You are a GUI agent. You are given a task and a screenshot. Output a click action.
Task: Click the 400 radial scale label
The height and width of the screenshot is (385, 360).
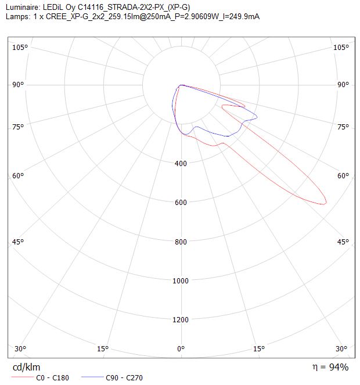[181, 163]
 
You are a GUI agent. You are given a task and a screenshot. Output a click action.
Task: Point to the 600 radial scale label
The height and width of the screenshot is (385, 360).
[181, 202]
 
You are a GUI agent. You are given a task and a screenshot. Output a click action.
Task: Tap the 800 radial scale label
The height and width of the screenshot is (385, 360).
[181, 242]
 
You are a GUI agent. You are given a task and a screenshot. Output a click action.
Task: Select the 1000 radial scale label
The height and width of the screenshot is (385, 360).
[181, 280]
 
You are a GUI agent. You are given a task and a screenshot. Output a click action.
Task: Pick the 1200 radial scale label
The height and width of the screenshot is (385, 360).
[181, 320]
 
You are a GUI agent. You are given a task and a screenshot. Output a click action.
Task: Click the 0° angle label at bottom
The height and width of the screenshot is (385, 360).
[181, 348]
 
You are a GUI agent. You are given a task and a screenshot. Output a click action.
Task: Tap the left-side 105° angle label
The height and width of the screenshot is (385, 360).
[20, 47]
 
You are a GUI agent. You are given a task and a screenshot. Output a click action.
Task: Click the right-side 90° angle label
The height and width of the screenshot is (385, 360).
[343, 85]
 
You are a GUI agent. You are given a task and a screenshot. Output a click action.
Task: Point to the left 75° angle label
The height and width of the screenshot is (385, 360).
[18, 127]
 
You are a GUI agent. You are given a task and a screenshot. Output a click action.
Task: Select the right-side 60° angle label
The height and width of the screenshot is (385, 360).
[343, 175]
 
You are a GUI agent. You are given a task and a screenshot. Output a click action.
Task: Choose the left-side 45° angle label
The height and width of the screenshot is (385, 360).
[18, 242]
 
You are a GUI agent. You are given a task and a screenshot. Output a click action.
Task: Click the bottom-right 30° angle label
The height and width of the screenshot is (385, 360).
[341, 348]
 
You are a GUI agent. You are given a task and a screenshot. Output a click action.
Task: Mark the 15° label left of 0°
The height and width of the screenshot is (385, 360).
[103, 348]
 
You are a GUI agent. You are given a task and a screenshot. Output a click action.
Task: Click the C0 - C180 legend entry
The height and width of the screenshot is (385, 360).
[40, 377]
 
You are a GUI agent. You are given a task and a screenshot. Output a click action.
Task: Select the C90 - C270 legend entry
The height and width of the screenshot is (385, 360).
[111, 377]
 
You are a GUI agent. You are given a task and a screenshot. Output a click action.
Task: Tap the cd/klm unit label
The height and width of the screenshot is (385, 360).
[26, 367]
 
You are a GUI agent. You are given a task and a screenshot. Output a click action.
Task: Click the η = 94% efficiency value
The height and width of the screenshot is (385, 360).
[330, 367]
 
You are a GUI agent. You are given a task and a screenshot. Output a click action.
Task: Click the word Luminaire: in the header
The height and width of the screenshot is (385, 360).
[22, 8]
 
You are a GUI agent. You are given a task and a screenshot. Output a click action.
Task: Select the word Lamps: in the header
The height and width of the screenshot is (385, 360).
[18, 16]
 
